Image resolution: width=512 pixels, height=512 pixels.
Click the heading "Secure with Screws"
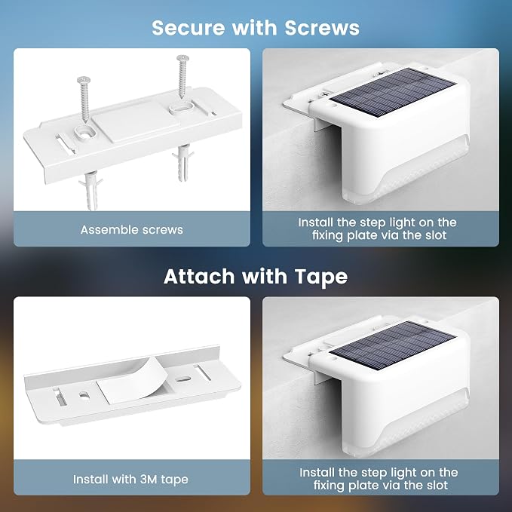256,27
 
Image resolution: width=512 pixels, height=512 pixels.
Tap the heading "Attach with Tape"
256,276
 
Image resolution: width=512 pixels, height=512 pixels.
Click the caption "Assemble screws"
132,229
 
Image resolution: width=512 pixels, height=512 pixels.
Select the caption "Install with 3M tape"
130,480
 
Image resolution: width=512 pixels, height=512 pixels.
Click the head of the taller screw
182,59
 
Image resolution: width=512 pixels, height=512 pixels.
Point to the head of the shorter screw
84,80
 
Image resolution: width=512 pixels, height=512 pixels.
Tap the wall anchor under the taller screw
183,164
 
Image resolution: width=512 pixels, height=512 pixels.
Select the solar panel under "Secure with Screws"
393,93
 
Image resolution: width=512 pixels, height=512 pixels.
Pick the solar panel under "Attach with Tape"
393,345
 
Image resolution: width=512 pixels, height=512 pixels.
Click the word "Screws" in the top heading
322,28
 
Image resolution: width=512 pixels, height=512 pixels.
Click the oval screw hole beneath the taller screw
183,108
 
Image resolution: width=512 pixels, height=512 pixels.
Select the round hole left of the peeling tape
84,395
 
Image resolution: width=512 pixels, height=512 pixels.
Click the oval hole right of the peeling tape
183,379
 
